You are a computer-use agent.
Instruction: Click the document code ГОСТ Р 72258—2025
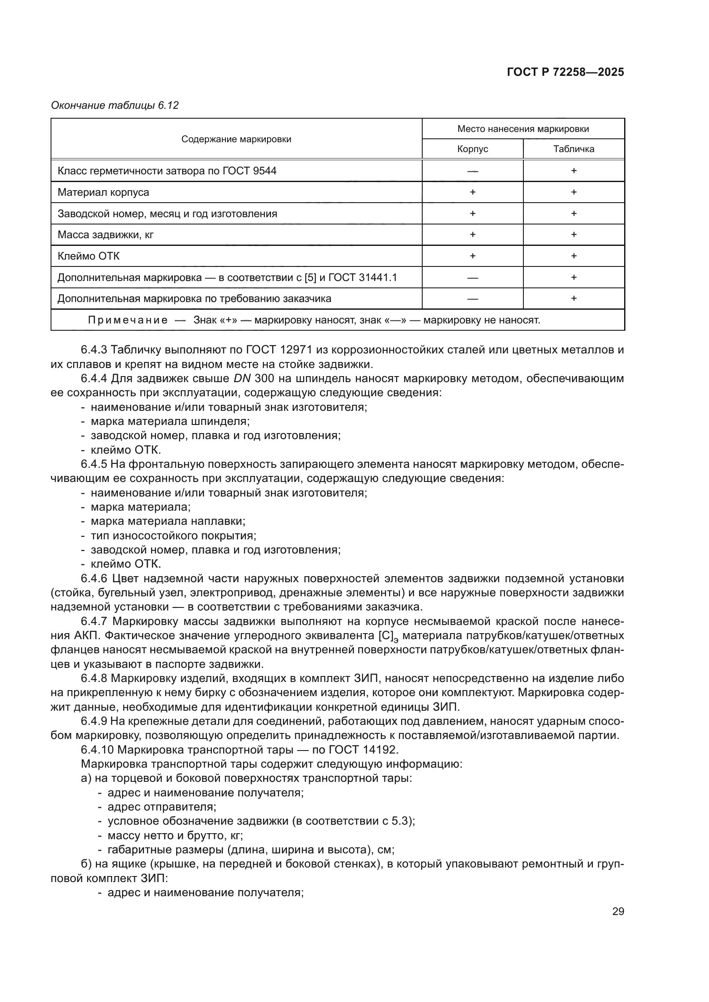click(x=565, y=72)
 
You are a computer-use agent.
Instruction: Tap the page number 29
click(x=618, y=912)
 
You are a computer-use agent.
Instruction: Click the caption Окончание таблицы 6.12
click(x=115, y=106)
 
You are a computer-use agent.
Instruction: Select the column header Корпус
click(x=472, y=149)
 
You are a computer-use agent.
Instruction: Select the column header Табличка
click(x=574, y=149)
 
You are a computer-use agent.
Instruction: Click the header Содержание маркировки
click(x=236, y=139)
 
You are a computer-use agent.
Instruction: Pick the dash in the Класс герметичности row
click(x=472, y=171)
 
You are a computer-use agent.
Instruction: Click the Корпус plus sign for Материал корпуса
click(x=472, y=192)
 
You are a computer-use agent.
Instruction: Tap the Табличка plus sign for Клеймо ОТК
click(x=574, y=256)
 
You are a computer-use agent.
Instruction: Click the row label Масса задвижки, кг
click(x=105, y=235)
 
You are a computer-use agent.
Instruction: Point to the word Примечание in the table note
click(x=127, y=320)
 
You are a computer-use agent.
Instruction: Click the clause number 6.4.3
click(x=94, y=350)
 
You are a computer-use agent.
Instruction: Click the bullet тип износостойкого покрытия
click(x=173, y=536)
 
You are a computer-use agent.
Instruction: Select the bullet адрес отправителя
click(x=162, y=807)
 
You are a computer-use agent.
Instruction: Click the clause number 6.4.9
click(x=94, y=721)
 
